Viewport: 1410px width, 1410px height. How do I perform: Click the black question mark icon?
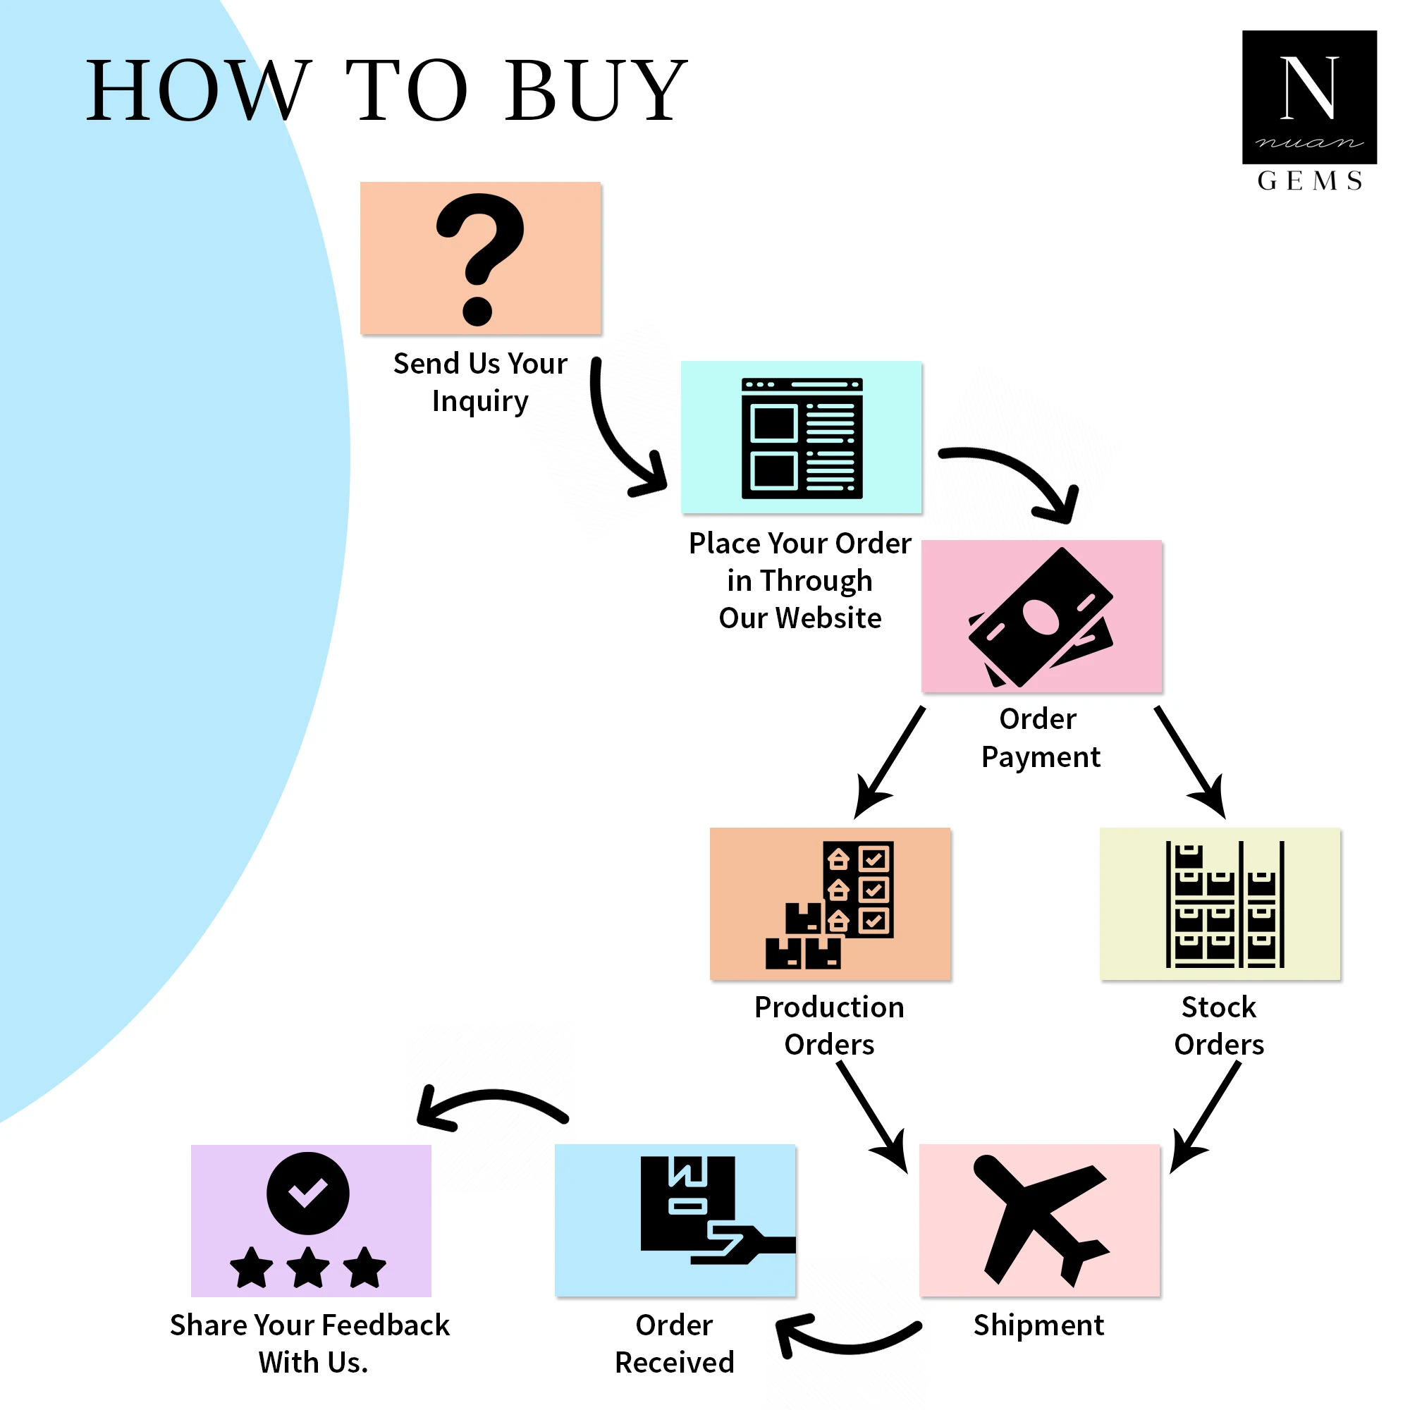(479, 258)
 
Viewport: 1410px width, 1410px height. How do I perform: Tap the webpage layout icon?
(802, 438)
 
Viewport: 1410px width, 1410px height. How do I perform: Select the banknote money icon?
(1041, 618)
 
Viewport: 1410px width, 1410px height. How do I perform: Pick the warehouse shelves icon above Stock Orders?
(1225, 905)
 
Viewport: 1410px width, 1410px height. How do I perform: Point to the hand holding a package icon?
(708, 1210)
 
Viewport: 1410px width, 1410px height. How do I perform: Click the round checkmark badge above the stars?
(308, 1193)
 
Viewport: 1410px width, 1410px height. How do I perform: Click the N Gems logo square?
(1309, 97)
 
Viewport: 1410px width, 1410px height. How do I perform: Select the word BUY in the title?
(596, 90)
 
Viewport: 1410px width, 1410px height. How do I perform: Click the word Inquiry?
(480, 401)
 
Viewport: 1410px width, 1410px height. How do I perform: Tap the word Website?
(828, 618)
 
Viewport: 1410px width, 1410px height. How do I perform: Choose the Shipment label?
(1038, 1325)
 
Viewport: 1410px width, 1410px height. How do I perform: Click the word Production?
(829, 1007)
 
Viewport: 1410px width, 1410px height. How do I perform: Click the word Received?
(675, 1363)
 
